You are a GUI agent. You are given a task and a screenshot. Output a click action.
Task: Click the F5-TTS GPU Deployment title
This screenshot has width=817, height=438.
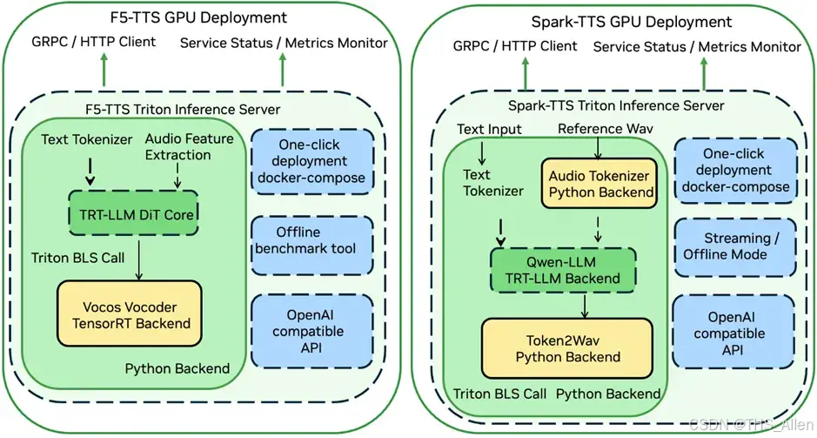[198, 17]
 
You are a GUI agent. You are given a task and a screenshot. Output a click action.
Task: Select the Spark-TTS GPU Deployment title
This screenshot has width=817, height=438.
[632, 22]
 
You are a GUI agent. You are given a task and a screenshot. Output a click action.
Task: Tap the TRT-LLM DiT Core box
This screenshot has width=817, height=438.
[133, 213]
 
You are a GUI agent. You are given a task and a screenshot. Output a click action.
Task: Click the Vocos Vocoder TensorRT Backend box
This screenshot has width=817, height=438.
[130, 313]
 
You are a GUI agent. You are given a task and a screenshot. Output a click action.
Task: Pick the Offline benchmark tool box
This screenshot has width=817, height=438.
[312, 246]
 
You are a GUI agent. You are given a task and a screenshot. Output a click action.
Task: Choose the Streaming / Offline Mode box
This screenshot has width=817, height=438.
[735, 247]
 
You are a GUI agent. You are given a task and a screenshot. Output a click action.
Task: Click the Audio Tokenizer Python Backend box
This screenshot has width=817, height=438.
[599, 184]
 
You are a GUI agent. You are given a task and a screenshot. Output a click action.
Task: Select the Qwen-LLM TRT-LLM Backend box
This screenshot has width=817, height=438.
[563, 270]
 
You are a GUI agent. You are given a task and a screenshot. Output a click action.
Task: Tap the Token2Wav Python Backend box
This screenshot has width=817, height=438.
[567, 348]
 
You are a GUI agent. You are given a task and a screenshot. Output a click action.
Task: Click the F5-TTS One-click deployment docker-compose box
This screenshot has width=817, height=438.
[312, 161]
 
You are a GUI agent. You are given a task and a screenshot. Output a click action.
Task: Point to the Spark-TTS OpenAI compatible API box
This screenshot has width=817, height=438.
[733, 332]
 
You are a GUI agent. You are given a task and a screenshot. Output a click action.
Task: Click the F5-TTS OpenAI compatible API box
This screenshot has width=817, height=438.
[312, 331]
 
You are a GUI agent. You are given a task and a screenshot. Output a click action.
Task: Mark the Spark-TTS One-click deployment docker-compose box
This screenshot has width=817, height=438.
[736, 170]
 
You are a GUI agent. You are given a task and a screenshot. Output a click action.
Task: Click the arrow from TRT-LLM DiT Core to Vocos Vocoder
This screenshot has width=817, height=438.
[139, 259]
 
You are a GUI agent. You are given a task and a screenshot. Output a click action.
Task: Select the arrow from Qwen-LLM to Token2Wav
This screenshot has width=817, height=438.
[585, 307]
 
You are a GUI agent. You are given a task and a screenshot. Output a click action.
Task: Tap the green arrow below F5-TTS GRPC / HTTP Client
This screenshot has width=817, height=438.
[104, 70]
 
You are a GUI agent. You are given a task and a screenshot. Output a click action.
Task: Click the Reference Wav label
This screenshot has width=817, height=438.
[605, 128]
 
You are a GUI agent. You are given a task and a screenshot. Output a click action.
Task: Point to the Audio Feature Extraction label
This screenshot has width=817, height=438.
[189, 146]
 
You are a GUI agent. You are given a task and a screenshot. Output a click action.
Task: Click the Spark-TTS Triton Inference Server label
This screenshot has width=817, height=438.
[616, 106]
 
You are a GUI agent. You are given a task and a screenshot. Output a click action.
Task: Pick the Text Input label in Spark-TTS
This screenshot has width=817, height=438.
[489, 130]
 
